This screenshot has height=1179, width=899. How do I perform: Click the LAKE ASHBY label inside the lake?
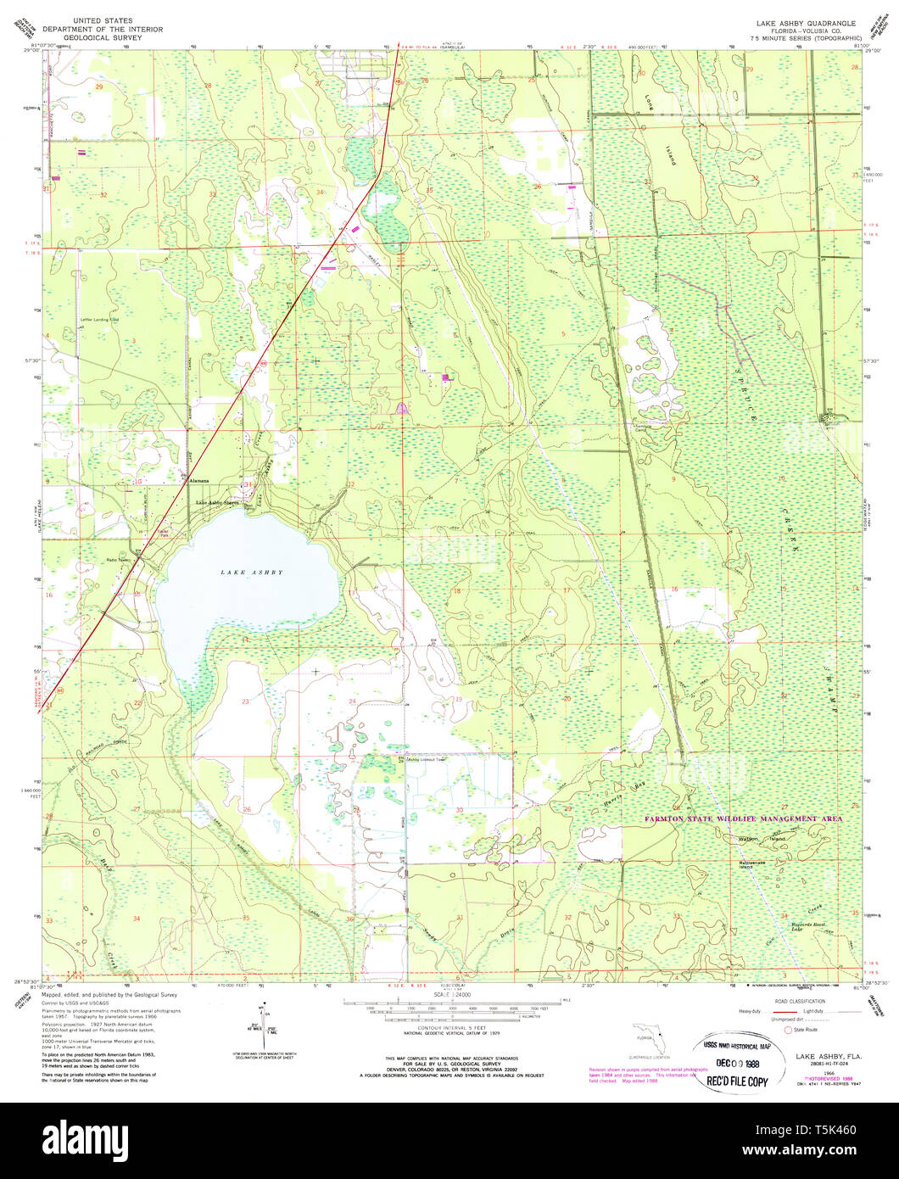(251, 573)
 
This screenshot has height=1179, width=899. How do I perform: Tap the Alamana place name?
(198, 480)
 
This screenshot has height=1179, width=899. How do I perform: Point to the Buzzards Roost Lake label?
(780, 926)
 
